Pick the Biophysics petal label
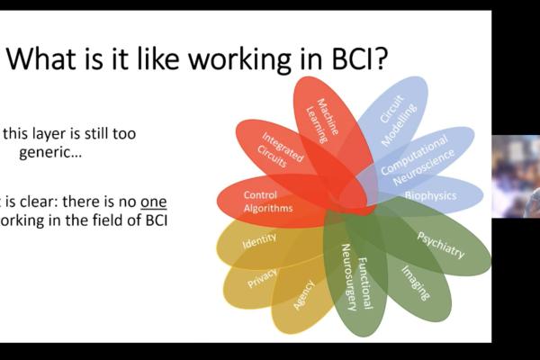pos(430,195)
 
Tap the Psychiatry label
pos(440,244)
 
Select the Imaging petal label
pos(415,280)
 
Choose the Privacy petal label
pos(263,276)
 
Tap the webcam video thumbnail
pos(516,176)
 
